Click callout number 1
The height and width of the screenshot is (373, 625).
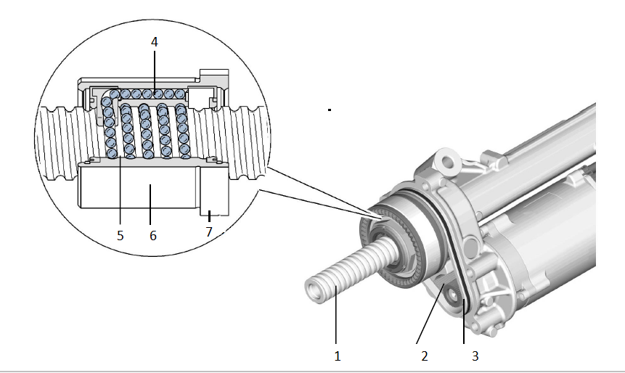(x=337, y=356)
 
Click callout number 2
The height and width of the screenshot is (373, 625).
(x=425, y=356)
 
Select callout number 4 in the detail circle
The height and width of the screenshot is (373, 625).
(x=154, y=42)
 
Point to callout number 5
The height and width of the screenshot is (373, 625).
(x=120, y=235)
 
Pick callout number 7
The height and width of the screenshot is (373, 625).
(x=209, y=231)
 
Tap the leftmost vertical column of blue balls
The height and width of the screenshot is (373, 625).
(x=110, y=131)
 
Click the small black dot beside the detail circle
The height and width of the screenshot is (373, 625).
(x=330, y=110)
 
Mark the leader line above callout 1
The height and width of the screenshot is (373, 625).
(x=337, y=319)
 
